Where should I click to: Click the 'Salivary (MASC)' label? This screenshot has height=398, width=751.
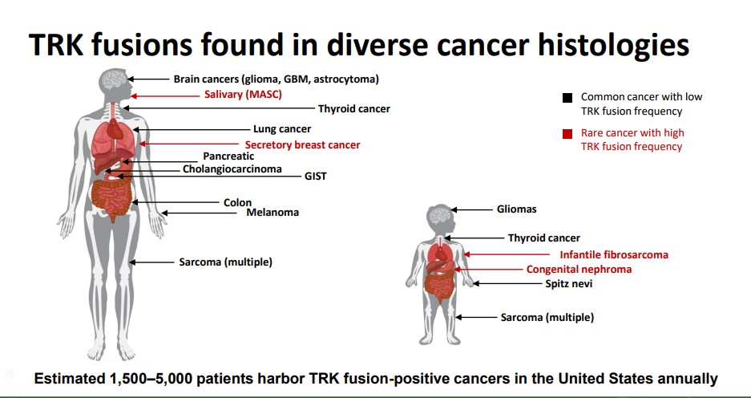pyautogui.click(x=244, y=95)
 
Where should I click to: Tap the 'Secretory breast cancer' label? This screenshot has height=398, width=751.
pyautogui.click(x=303, y=144)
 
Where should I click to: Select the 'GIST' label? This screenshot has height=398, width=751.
pyautogui.click(x=316, y=177)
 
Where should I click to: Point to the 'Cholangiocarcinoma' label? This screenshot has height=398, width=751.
pyautogui.click(x=232, y=169)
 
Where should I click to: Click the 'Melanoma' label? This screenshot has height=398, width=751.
pyautogui.click(x=273, y=213)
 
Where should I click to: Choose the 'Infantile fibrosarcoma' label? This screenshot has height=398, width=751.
pyautogui.click(x=614, y=254)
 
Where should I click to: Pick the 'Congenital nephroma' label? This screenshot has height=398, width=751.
pyautogui.click(x=579, y=270)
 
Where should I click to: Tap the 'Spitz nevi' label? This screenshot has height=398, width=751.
pyautogui.click(x=569, y=284)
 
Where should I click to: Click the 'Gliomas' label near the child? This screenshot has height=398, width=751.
pyautogui.click(x=517, y=209)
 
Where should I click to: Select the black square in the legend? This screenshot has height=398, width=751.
pyautogui.click(x=567, y=98)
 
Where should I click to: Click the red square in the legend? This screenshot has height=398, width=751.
pyautogui.click(x=567, y=134)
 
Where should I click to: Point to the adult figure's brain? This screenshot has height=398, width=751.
pyautogui.click(x=113, y=80)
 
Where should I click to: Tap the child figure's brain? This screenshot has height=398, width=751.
pyautogui.click(x=440, y=216)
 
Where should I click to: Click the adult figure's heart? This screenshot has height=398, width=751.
pyautogui.click(x=115, y=128)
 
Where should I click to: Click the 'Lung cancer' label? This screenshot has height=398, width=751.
pyautogui.click(x=282, y=129)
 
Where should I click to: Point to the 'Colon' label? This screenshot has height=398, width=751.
pyautogui.click(x=237, y=203)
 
